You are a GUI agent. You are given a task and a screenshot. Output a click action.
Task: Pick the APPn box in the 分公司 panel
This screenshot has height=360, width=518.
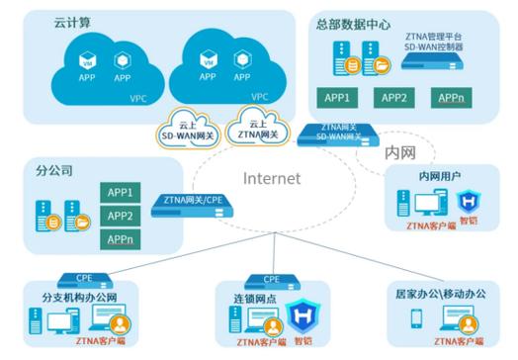coord(120,239)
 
